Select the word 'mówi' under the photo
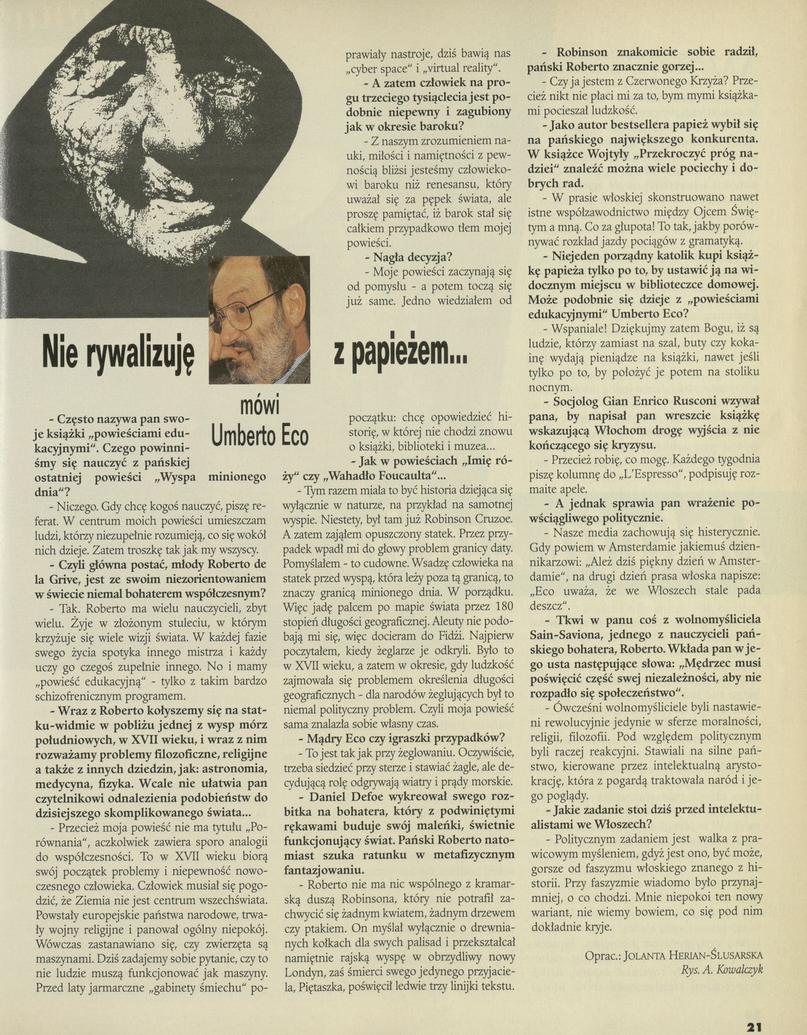pyautogui.click(x=260, y=406)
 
